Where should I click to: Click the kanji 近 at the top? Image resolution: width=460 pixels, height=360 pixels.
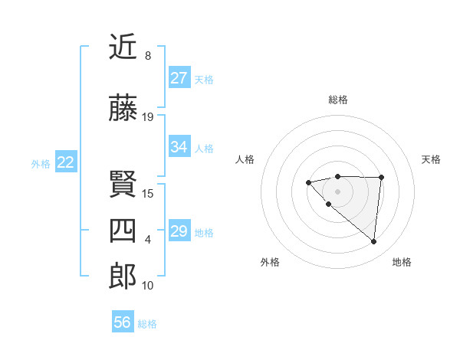point(123,47)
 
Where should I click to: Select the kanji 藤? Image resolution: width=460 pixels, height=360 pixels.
point(123,109)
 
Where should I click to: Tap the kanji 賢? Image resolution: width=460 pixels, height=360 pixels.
point(123,185)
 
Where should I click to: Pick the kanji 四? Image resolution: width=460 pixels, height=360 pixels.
point(123,231)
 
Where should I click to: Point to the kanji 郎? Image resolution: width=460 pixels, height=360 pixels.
point(123,277)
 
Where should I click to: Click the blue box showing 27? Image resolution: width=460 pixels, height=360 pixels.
point(179,78)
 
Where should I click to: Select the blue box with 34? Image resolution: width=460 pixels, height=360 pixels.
point(179,147)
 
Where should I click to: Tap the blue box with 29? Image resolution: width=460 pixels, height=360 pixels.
point(179,231)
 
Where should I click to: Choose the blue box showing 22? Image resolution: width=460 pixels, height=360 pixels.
point(66,162)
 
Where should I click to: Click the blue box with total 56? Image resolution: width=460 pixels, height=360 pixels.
point(123,322)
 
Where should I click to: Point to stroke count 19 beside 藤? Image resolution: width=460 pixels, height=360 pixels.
point(148,117)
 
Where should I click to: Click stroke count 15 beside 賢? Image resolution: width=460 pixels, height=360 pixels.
point(148,193)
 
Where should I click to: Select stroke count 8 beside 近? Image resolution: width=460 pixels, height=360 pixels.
point(147,56)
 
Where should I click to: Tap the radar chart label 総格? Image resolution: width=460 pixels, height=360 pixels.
point(337,100)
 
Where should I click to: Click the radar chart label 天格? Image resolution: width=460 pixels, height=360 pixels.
point(431,159)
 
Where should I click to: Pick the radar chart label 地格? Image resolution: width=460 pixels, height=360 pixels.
point(402,262)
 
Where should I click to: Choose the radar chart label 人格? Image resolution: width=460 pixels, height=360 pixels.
point(245,159)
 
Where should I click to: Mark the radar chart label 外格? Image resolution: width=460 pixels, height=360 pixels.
point(270,262)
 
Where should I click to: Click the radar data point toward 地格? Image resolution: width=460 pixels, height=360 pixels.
point(373,242)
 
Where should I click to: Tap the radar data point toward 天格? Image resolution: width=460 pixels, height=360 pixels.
point(381,177)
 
